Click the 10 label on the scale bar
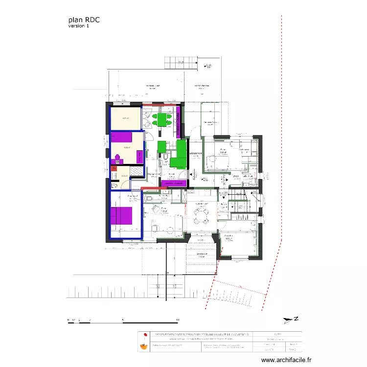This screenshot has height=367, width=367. click(x=177, y=320)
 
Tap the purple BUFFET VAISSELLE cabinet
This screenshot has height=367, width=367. click(x=179, y=122)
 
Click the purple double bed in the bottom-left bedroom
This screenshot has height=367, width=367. click(x=122, y=216)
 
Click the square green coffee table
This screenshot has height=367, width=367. click(x=161, y=147)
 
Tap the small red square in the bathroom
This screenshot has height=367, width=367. click(x=115, y=167)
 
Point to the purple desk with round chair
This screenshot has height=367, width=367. click(x=117, y=158)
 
